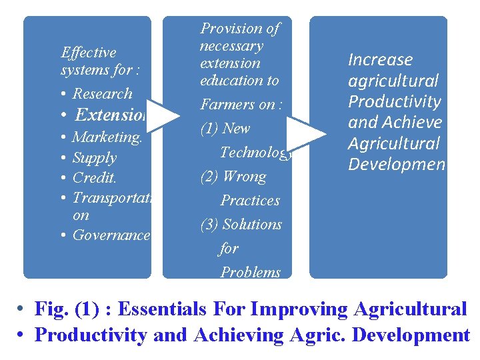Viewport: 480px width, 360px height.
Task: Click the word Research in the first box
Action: point(102,94)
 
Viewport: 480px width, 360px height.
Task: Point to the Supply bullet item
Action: point(94,158)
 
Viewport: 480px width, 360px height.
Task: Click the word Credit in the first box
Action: point(94,178)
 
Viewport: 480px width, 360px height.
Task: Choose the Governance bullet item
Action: point(111,235)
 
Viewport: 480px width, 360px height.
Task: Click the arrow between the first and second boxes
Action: point(163,115)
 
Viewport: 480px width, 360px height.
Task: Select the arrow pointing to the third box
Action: point(307,133)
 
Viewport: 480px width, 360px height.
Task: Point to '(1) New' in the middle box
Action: point(225,129)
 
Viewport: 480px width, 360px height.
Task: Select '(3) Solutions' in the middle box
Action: point(241,225)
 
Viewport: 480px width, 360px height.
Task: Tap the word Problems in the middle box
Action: point(251,272)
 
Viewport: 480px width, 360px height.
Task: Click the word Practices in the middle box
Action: point(250,201)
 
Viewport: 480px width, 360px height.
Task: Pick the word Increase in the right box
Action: point(380,60)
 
